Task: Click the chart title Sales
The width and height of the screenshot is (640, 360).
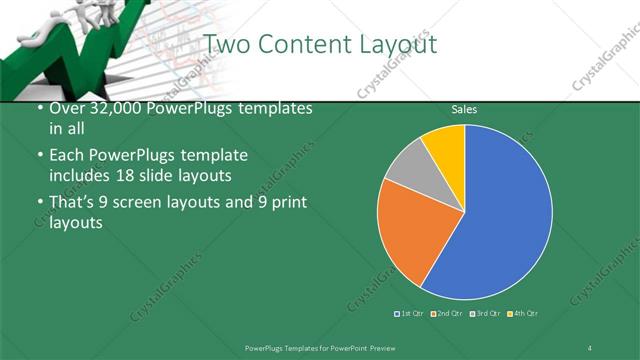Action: pos(464,109)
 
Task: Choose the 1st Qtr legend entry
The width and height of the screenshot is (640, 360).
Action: pos(409,314)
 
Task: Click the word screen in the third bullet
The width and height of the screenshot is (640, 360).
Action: pos(141,203)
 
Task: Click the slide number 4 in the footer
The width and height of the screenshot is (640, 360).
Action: pos(590,347)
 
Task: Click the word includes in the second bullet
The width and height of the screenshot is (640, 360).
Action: pos(82,176)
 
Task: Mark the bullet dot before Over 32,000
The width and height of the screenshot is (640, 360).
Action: pos(39,109)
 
